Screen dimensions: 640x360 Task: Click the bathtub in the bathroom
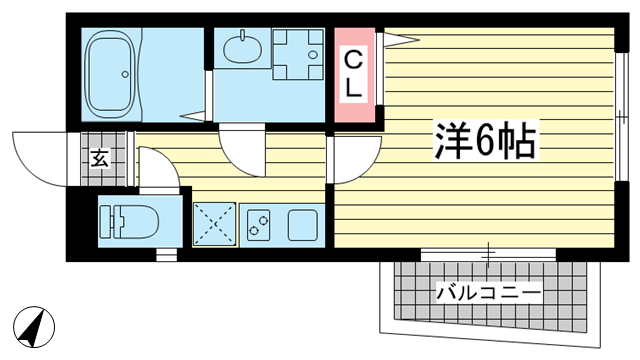click(110, 74)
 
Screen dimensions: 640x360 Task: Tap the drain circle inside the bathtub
click(125, 74)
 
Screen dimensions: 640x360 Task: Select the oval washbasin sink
click(243, 48)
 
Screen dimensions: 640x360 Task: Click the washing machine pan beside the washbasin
click(298, 54)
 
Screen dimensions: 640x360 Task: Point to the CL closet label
click(353, 76)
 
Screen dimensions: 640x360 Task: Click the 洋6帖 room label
click(485, 140)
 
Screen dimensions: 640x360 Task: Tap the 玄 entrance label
click(100, 158)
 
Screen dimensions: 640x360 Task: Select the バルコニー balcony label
click(488, 293)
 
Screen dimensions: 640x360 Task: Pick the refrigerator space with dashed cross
click(214, 224)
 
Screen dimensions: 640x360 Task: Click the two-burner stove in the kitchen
click(258, 225)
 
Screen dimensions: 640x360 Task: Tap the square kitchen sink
click(302, 225)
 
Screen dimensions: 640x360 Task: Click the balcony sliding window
click(488, 254)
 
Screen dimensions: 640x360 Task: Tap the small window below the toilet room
click(167, 255)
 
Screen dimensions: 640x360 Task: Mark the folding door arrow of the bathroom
click(193, 116)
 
